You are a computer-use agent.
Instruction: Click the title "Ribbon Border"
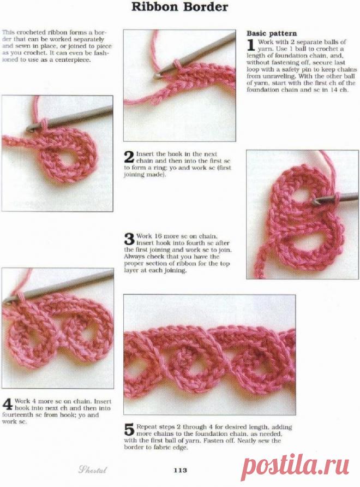tap(180, 7)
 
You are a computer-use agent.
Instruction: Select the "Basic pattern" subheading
tap(272, 33)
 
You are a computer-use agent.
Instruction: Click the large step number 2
tap(129, 158)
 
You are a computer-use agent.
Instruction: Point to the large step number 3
tap(129, 239)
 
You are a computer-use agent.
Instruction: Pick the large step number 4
tap(7, 405)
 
